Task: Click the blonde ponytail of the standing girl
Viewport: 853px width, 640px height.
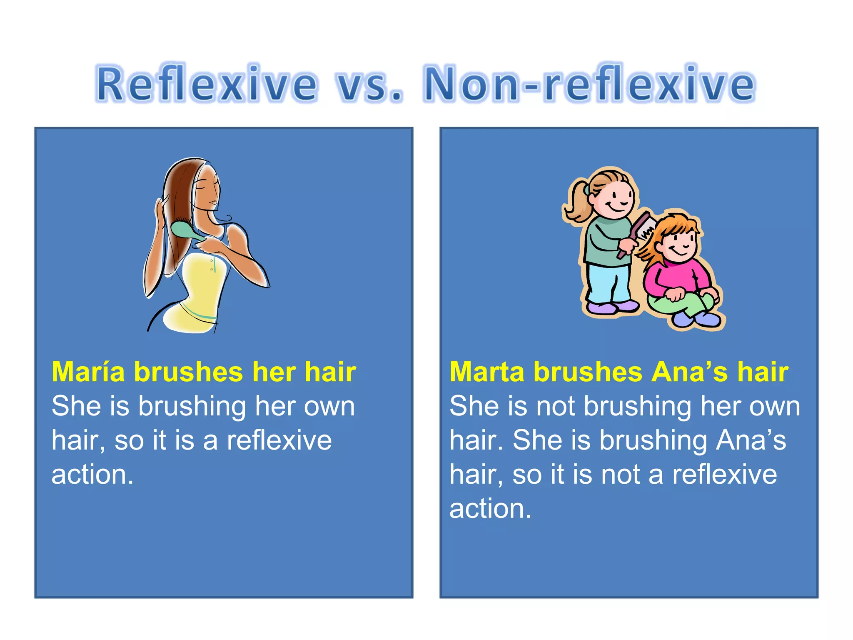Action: tap(577, 202)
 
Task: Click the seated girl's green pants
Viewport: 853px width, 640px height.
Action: tap(683, 306)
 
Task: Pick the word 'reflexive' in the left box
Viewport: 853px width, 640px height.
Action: tap(279, 440)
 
